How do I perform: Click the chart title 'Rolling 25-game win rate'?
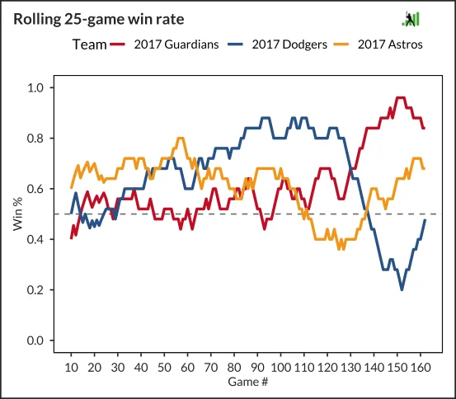click(99, 20)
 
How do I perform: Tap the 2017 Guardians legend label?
click(176, 45)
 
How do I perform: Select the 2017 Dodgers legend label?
click(289, 45)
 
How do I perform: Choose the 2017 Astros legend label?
click(390, 45)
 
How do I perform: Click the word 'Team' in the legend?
click(89, 45)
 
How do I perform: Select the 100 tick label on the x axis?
click(280, 368)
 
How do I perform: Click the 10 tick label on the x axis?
click(71, 368)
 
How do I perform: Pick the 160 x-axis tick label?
click(421, 368)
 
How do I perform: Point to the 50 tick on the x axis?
click(164, 368)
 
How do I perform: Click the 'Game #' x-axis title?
click(247, 382)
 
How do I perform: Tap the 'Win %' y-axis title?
click(18, 214)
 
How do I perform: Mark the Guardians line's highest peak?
click(401, 98)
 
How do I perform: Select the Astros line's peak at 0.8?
click(181, 138)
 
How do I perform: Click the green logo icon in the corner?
click(411, 19)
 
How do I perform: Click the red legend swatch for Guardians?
click(117, 45)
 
